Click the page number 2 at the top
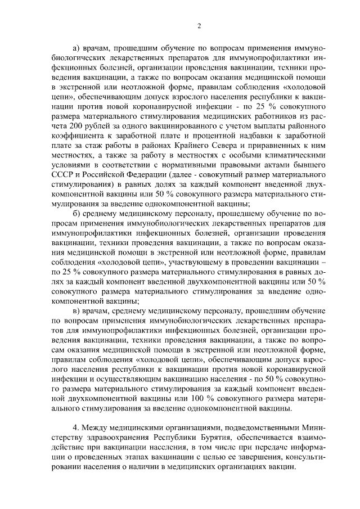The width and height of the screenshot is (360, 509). (200, 25)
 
